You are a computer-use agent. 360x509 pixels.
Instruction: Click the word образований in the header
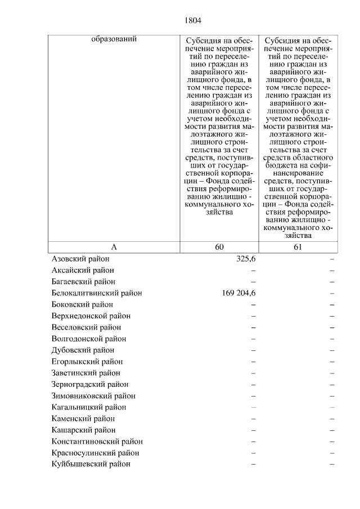[x=114, y=39]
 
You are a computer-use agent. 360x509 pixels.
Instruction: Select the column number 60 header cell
[x=219, y=247]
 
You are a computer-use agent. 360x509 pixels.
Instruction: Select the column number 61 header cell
[x=298, y=247]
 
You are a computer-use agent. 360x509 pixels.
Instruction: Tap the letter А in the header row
[x=114, y=247]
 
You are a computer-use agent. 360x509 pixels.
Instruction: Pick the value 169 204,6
[x=235, y=293]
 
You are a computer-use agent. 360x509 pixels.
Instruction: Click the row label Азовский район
[x=80, y=259]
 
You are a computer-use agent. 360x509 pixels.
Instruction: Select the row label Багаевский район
[x=83, y=281]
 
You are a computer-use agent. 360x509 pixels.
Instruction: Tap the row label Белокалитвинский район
[x=96, y=293]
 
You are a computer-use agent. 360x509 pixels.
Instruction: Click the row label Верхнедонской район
[x=91, y=316]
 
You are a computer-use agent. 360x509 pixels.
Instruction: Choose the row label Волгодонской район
[x=88, y=339]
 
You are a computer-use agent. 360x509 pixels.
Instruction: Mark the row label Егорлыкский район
[x=87, y=362]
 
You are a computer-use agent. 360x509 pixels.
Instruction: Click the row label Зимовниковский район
[x=93, y=396]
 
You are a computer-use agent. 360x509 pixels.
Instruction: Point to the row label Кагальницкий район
[x=88, y=407]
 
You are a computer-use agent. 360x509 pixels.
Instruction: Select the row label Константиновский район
[x=97, y=442]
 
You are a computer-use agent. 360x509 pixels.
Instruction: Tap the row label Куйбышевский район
[x=91, y=464]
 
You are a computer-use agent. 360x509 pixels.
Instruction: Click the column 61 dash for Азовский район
[x=332, y=259]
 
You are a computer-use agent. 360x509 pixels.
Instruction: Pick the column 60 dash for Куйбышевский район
[x=253, y=464]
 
